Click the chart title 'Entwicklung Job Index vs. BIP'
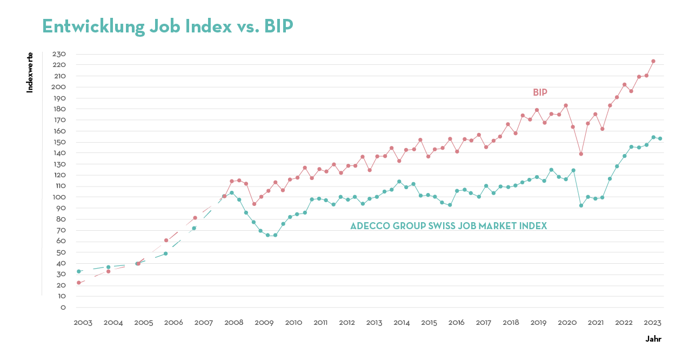click(x=168, y=26)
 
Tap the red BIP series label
click(x=540, y=92)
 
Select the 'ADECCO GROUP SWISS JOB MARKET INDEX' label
click(x=449, y=226)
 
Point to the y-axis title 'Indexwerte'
click(x=30, y=72)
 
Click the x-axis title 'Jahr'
click(x=653, y=339)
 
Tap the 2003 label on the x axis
click(x=83, y=323)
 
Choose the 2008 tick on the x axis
click(x=233, y=323)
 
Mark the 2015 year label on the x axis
click(x=429, y=323)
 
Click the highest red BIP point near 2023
click(x=653, y=61)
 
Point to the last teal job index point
click(x=660, y=138)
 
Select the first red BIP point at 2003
click(x=79, y=283)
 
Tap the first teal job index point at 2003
click(x=79, y=271)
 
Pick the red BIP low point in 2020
click(x=581, y=154)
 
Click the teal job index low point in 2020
click(x=581, y=205)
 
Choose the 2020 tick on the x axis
click(x=567, y=323)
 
